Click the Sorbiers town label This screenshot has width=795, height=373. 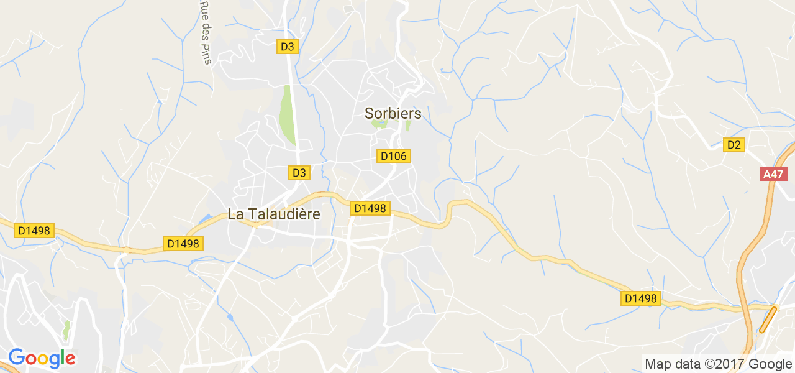(393, 113)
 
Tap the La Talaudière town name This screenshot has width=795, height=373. (274, 214)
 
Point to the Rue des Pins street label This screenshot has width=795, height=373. (205, 32)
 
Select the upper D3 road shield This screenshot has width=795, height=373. (288, 46)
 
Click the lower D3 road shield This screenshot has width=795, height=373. (299, 173)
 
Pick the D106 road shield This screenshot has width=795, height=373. (393, 156)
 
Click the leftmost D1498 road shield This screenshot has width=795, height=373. (34, 231)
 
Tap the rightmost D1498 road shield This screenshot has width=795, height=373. (640, 298)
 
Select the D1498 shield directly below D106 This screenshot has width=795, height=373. (370, 208)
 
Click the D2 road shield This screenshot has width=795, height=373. (734, 145)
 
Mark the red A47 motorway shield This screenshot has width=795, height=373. (773, 174)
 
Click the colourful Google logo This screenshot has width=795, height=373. (42, 358)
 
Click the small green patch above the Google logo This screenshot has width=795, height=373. (66, 329)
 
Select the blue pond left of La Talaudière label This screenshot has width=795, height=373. (205, 219)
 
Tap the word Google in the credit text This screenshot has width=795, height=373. (770, 364)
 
